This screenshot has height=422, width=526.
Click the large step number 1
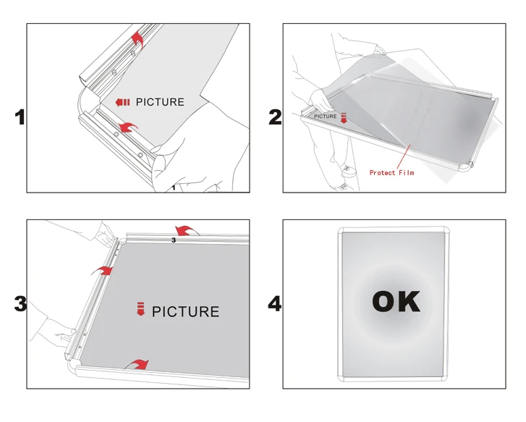(x=20, y=117)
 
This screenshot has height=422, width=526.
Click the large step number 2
(x=276, y=117)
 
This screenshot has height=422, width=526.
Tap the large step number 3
(x=20, y=303)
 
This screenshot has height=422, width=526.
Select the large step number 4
(x=274, y=304)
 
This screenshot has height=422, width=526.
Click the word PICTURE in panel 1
(x=160, y=102)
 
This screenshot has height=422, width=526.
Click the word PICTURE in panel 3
(x=185, y=311)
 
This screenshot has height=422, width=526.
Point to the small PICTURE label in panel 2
(x=325, y=116)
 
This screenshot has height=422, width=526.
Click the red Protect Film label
(x=392, y=172)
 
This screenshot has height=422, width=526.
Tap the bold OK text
(x=396, y=301)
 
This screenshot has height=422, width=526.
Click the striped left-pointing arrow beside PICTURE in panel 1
(x=122, y=102)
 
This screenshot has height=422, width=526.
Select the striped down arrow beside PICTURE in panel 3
(x=141, y=309)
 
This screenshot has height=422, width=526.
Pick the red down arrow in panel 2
(x=344, y=118)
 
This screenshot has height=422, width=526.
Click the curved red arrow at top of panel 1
(x=137, y=39)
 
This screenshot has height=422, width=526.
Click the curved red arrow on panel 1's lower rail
(x=128, y=127)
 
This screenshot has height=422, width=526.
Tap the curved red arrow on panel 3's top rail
(x=187, y=230)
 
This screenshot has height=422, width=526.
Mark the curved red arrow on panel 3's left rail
(x=102, y=270)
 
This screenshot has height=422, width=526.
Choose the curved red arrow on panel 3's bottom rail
(x=137, y=364)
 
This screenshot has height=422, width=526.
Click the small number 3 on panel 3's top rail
(x=174, y=240)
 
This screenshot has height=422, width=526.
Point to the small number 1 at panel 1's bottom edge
(x=174, y=187)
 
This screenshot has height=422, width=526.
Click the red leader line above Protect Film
(x=404, y=156)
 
